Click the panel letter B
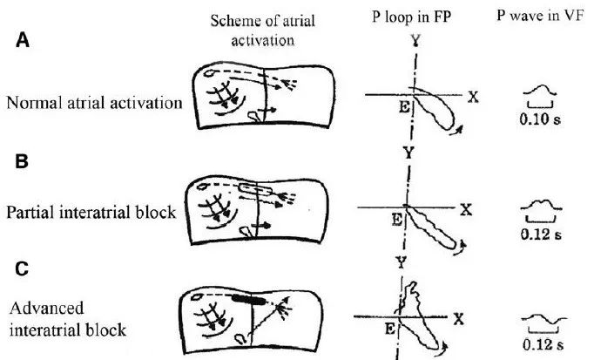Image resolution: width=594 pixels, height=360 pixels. [x=15, y=162]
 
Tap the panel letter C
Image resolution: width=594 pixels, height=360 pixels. [x=15, y=271]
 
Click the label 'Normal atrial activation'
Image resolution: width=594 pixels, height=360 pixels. [x=94, y=102]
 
